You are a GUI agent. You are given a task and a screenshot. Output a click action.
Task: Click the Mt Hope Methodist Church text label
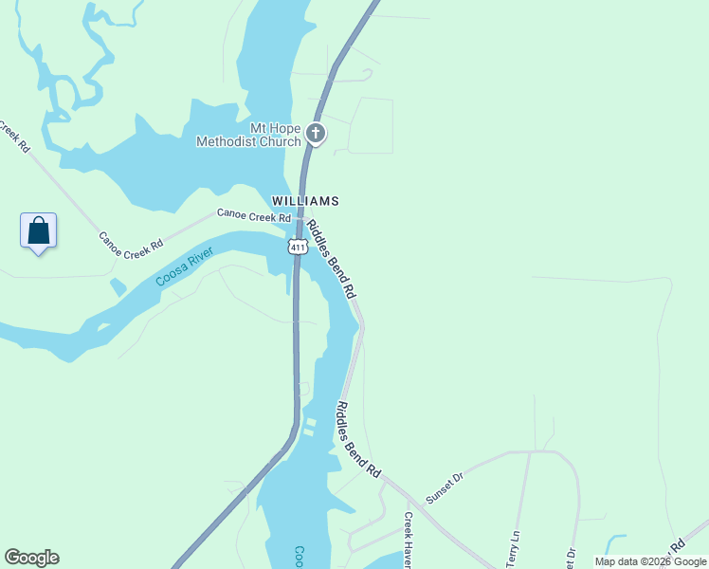(x=248, y=135)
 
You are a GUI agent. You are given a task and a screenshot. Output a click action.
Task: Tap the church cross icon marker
(x=317, y=134)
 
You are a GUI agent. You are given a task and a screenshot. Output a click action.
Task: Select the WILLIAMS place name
(x=305, y=201)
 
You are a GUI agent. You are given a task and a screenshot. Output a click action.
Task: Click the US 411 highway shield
(x=299, y=248)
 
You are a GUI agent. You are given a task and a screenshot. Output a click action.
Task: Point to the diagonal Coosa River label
(x=185, y=267)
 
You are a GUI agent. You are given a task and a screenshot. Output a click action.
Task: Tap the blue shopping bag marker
(x=38, y=231)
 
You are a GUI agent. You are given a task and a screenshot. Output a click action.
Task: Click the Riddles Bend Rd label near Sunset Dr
(x=357, y=439)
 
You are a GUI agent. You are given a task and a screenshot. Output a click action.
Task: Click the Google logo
(x=31, y=558)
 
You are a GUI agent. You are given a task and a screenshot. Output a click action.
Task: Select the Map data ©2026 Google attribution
(x=650, y=561)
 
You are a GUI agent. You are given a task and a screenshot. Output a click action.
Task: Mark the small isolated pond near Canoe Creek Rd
(x=117, y=286)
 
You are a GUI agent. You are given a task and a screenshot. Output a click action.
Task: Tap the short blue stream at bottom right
(x=616, y=541)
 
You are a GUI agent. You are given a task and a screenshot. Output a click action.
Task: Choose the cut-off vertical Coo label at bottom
(x=299, y=556)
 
